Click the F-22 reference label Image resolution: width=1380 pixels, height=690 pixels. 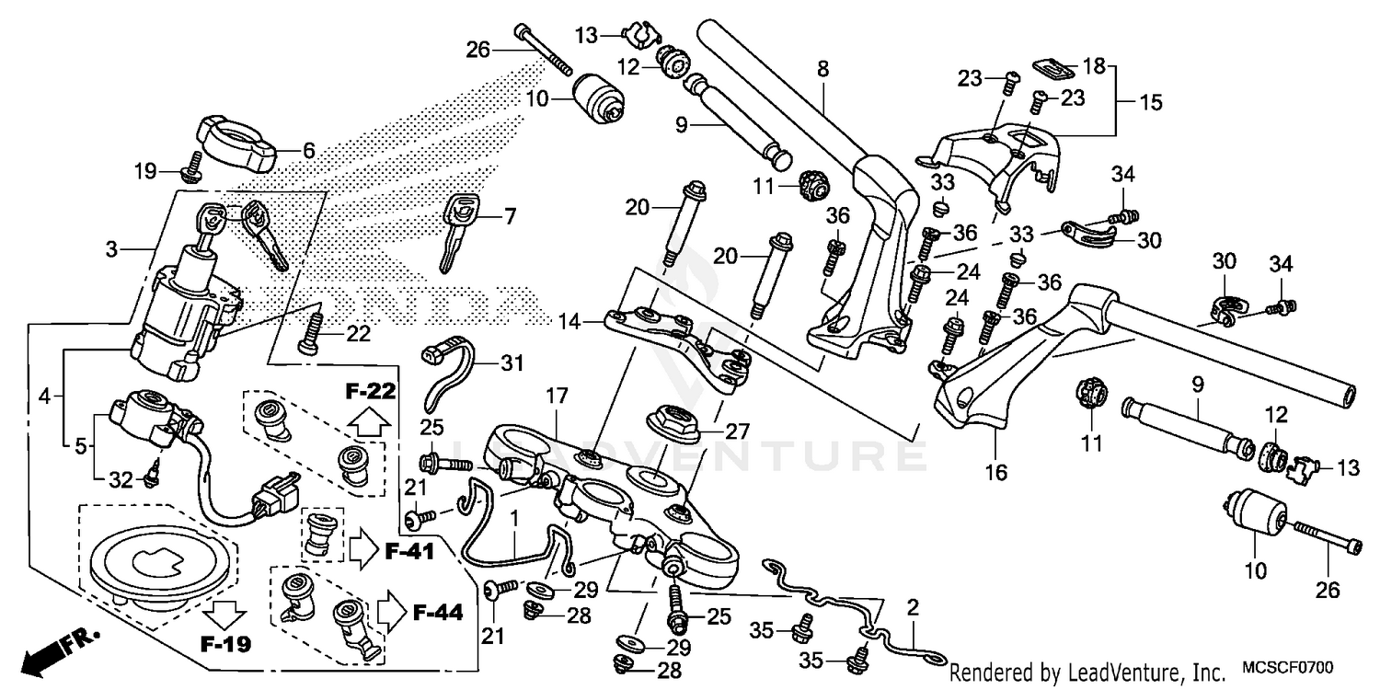[x=371, y=392]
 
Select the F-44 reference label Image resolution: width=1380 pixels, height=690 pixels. [x=437, y=612]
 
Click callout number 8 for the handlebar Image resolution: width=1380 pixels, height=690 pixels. [x=822, y=67]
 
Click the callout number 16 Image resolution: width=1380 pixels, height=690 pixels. [x=995, y=473]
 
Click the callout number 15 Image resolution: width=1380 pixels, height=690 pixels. [x=1151, y=102]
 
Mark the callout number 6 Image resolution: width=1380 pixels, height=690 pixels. [x=308, y=152]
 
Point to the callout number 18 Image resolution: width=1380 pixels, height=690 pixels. [x=1093, y=66]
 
